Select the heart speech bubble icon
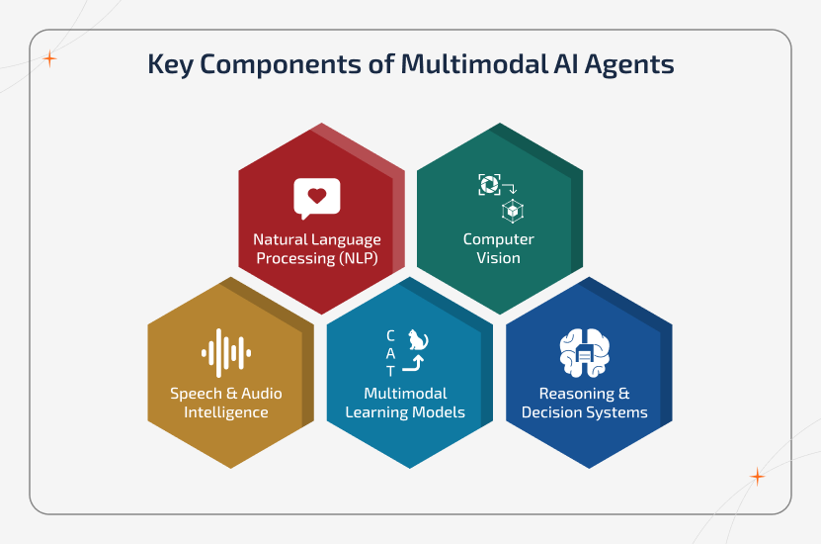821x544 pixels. pyautogui.click(x=316, y=198)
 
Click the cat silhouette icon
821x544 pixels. pyautogui.click(x=419, y=341)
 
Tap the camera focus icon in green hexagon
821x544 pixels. pyautogui.click(x=488, y=184)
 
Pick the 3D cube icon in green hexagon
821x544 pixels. pyautogui.click(x=512, y=210)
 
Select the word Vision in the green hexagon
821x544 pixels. pyautogui.click(x=499, y=258)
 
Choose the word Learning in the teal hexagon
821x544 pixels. pyautogui.click(x=378, y=412)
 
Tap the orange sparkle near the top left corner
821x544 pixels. pyautogui.click(x=49, y=58)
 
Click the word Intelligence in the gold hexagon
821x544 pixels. pyautogui.click(x=225, y=412)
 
